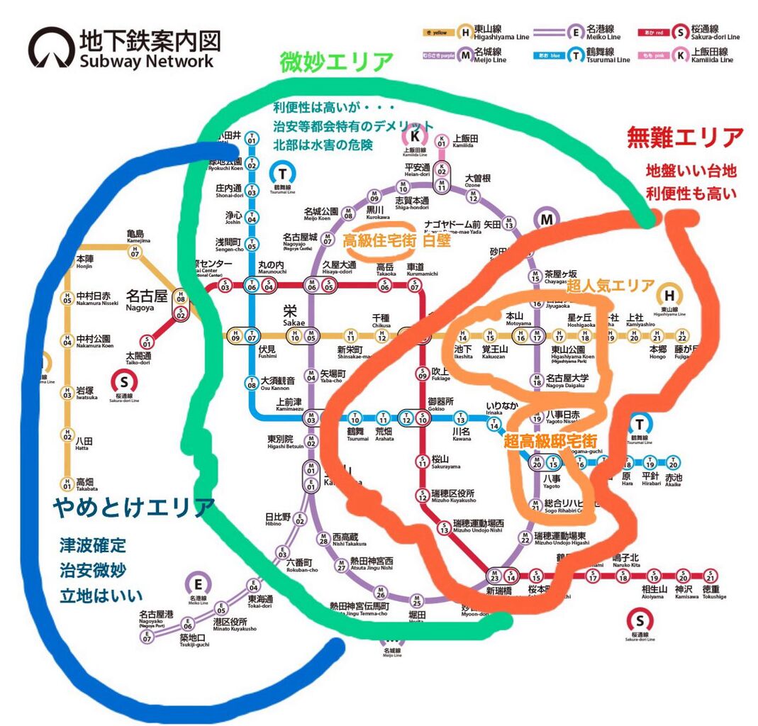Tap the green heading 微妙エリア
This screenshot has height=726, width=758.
point(336,62)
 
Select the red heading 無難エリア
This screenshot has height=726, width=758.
point(686,138)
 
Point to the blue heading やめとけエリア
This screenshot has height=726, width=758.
point(133,508)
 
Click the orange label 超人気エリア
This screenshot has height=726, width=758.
point(611,286)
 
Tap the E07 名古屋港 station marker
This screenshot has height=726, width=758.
point(147,638)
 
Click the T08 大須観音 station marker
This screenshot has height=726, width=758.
point(252,384)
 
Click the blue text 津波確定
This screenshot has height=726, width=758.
point(93,546)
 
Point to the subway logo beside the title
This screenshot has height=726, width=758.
point(51,48)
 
